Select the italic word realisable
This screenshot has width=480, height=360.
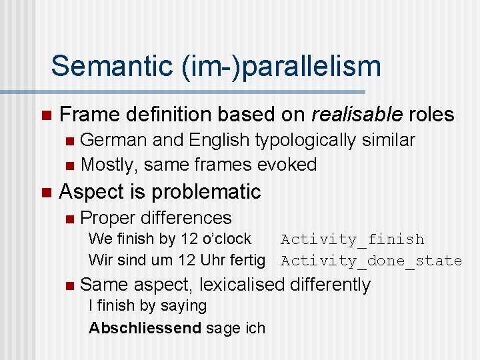pyautogui.click(x=357, y=115)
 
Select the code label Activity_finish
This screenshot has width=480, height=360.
pyautogui.click(x=352, y=239)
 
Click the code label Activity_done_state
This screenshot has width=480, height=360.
pyautogui.click(x=371, y=261)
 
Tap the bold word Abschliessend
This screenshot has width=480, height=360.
pyautogui.click(x=145, y=328)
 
